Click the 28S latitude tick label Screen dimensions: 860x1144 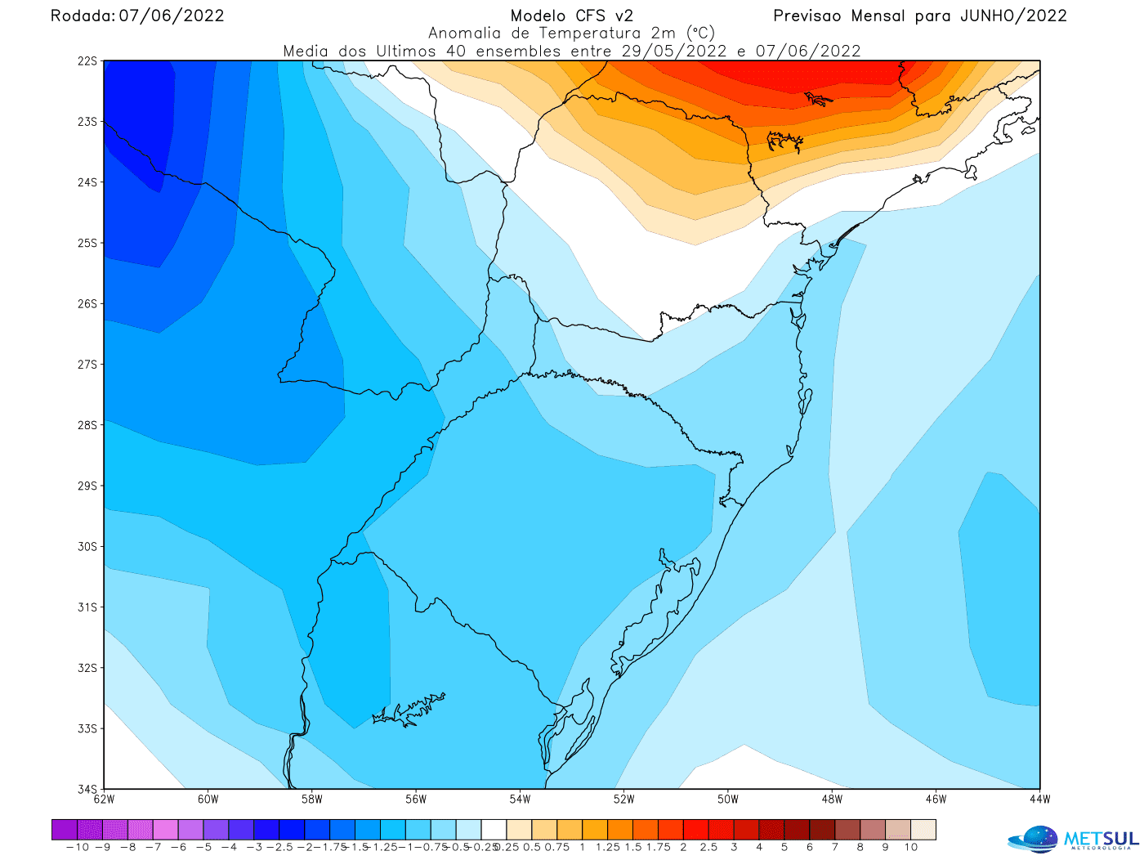tap(87, 425)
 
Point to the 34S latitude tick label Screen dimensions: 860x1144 tap(87, 789)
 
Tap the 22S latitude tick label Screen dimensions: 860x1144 tap(87, 61)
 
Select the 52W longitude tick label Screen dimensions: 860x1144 tap(623, 800)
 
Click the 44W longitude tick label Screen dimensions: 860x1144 tap(1039, 800)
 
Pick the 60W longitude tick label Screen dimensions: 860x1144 tap(208, 800)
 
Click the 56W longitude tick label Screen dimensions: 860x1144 tap(416, 800)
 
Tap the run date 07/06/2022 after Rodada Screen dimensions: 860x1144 tap(172, 16)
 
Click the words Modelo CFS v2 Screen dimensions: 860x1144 tap(571, 16)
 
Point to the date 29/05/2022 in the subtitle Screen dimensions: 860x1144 tap(674, 51)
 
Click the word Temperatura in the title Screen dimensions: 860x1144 tap(589, 34)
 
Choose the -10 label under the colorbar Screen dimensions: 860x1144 tap(77, 848)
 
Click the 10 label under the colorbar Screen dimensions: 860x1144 tap(910, 848)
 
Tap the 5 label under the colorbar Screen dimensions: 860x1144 tap(784, 848)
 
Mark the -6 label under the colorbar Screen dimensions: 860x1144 tap(178, 848)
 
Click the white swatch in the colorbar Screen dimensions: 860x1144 tap(494, 831)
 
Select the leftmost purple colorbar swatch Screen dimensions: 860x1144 tap(64, 831)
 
